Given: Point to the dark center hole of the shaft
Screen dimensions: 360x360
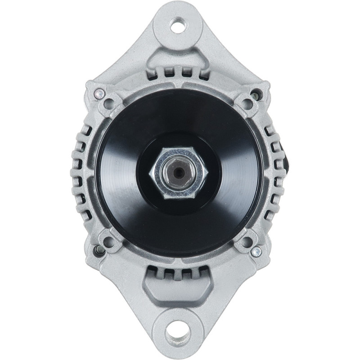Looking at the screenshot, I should click(179, 173).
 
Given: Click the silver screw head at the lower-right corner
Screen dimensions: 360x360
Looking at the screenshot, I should click(256, 252).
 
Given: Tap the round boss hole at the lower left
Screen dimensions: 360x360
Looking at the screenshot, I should click(109, 241).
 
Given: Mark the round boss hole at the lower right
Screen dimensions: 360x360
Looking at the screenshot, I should click(246, 242).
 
